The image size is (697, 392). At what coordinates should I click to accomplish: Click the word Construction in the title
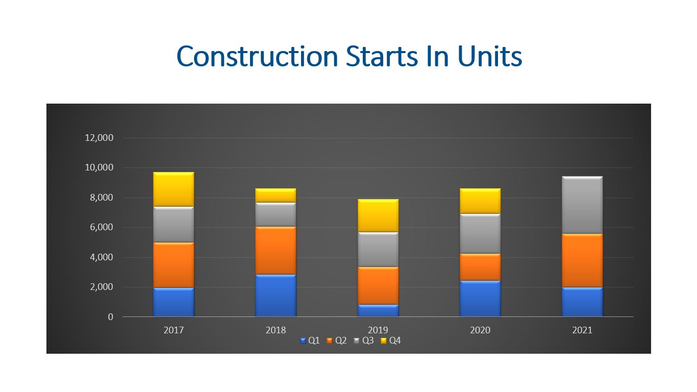point(257,56)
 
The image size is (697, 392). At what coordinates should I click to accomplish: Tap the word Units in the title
point(489,56)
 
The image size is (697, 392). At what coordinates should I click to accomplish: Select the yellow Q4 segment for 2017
point(173,189)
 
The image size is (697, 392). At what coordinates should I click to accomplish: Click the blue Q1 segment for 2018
point(276,296)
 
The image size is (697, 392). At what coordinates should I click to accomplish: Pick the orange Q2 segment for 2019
point(378,285)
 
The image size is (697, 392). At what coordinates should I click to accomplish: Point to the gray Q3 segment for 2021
point(582,205)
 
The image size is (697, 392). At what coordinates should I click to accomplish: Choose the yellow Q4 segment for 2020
point(480,201)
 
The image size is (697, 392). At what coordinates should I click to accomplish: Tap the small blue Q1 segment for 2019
point(378,310)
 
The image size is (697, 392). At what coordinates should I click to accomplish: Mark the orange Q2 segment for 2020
point(480,267)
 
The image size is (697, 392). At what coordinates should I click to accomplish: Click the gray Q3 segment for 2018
point(276,214)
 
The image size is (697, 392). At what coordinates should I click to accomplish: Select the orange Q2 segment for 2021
point(582,261)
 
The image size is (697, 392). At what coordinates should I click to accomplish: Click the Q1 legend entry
point(310,340)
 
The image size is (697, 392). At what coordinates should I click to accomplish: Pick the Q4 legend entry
point(391,340)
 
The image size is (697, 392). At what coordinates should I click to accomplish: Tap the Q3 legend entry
point(364,340)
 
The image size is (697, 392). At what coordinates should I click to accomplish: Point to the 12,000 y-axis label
point(99,138)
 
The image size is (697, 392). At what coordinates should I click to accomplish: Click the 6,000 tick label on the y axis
point(102,227)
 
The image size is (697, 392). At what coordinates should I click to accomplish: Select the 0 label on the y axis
point(110,317)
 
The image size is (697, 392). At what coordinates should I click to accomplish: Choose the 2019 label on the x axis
point(378,330)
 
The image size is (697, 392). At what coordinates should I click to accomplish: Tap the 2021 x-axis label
point(582,330)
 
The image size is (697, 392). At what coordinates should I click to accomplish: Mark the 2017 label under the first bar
point(173,330)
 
